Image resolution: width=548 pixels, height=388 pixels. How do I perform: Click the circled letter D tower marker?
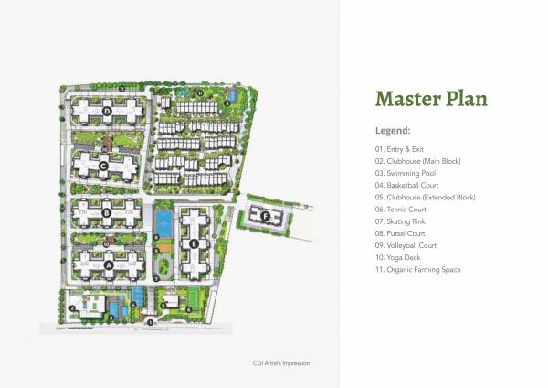click(107, 112)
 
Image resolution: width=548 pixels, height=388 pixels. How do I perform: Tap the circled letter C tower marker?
click(104, 166)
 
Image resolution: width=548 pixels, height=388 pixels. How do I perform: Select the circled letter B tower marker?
click(107, 214)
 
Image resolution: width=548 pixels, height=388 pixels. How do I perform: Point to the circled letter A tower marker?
click(109, 265)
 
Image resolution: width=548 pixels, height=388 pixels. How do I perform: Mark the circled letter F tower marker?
click(265, 217)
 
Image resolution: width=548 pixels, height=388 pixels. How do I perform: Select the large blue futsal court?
click(163, 222)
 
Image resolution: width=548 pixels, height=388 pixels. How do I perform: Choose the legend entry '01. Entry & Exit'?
click(399, 148)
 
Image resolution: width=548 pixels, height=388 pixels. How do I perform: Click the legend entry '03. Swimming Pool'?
click(406, 173)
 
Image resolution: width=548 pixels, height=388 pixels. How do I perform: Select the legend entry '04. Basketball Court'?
click(408, 185)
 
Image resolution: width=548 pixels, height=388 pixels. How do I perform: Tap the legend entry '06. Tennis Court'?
click(402, 210)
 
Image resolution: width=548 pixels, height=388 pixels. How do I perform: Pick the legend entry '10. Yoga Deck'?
click(398, 258)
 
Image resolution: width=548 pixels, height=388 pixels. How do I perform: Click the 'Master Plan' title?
click(431, 99)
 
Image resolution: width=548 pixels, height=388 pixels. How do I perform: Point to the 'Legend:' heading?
click(393, 131)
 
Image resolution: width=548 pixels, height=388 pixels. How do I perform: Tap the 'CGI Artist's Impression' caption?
click(281, 363)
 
